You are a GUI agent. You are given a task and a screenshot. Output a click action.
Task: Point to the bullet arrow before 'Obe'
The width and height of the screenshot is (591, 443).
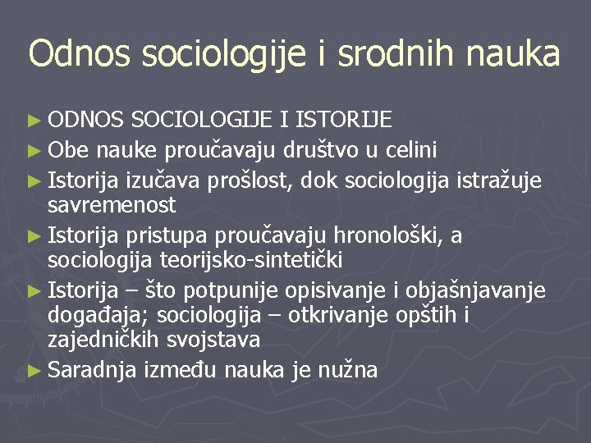[x=35, y=151]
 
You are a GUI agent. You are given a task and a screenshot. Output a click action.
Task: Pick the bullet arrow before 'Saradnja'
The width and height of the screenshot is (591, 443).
[x=35, y=371]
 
